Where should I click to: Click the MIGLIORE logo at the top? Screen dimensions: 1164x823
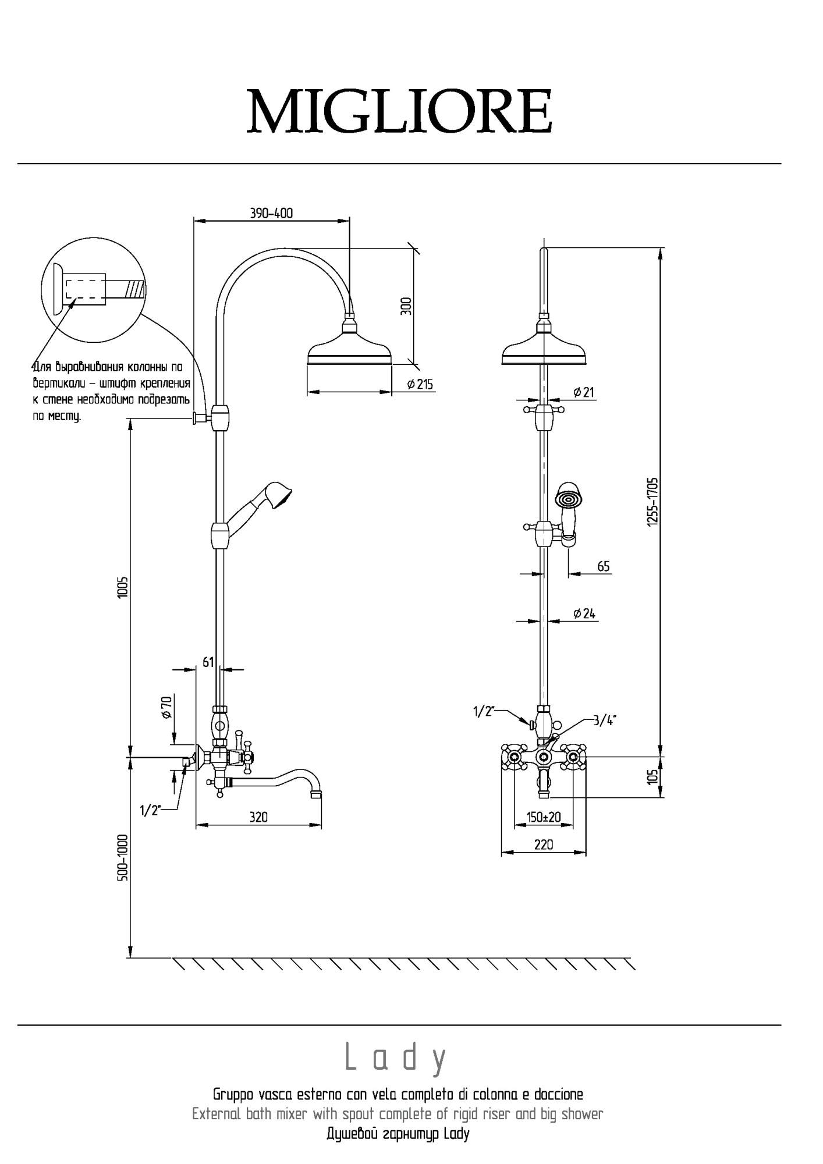click(x=399, y=111)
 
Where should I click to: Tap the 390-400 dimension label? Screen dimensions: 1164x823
click(x=272, y=214)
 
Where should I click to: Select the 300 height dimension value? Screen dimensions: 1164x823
click(x=406, y=306)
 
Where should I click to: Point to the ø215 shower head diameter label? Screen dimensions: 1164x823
click(x=420, y=384)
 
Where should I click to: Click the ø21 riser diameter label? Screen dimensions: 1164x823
click(x=583, y=392)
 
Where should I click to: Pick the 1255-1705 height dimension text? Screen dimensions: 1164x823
click(x=652, y=502)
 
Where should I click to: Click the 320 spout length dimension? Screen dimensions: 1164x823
click(x=258, y=817)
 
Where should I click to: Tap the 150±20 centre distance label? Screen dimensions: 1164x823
click(x=544, y=817)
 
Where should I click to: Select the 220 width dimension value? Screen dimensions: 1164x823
click(x=544, y=844)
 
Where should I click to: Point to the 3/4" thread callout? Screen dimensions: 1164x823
click(x=605, y=721)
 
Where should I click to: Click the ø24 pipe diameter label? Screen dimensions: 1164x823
click(x=584, y=613)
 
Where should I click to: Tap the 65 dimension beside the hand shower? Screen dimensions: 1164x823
click(x=604, y=566)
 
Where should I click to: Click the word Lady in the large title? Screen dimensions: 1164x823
click(x=397, y=1057)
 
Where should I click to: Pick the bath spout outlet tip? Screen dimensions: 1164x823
click(x=316, y=792)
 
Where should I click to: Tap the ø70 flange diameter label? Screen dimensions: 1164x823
click(x=166, y=706)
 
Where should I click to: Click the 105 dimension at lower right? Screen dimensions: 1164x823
click(x=652, y=776)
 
